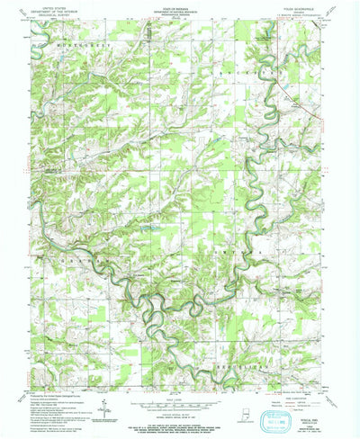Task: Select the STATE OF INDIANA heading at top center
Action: click(x=176, y=5)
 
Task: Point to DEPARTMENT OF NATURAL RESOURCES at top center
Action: click(x=176, y=9)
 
